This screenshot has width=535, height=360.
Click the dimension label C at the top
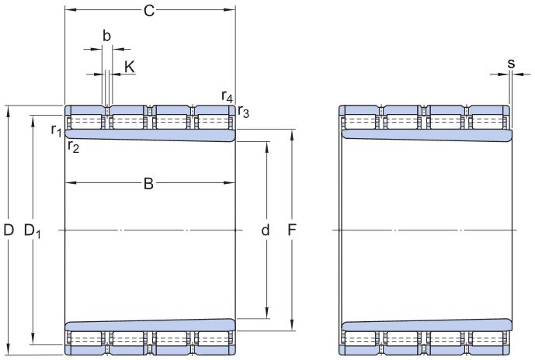pos(149,10)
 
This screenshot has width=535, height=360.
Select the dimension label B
pos(148,184)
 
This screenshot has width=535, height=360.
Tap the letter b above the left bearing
pos(107,35)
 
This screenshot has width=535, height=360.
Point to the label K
pos(130,67)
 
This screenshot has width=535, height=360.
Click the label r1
pos(56,130)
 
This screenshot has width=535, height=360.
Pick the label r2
pos(73,146)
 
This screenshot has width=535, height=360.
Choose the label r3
pos(244,112)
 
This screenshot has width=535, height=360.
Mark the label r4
pos(227,96)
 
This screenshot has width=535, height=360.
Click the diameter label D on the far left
pos(9,230)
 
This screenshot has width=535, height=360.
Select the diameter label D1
pos(33,230)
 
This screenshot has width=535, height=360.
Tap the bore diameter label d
pos(266,230)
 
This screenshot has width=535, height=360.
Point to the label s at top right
pos(510,62)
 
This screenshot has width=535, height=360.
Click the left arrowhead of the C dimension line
pos(68,10)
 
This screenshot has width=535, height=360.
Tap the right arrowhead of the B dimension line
pos(231,184)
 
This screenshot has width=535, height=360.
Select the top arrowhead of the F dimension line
pos(292,133)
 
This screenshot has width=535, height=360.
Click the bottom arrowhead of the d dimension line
pos(268,313)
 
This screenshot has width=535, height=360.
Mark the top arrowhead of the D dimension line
pos(9,109)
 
